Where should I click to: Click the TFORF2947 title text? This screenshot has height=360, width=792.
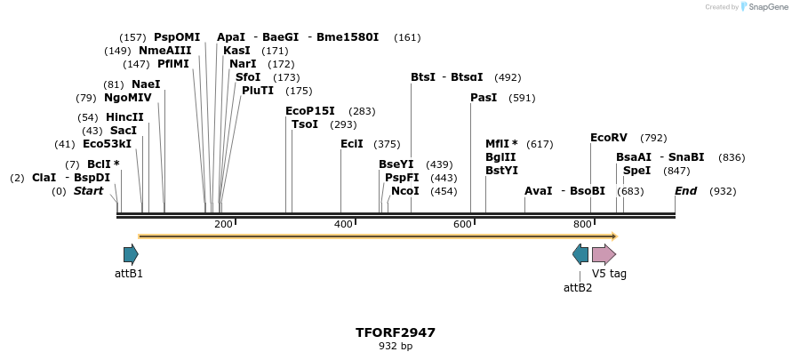(396, 332)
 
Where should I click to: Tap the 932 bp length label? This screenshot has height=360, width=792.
(396, 346)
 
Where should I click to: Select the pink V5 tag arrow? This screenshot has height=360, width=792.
(604, 254)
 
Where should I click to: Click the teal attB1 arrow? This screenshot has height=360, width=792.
(131, 254)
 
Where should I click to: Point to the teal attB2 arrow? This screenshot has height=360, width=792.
(580, 254)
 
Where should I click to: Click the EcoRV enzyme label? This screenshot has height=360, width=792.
(609, 138)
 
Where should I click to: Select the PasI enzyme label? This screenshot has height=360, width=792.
(484, 98)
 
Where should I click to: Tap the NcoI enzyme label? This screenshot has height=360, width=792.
(405, 191)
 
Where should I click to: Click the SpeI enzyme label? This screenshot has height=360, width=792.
(636, 171)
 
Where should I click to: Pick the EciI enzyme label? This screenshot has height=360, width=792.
(352, 144)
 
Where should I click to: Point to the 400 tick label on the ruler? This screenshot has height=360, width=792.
(343, 225)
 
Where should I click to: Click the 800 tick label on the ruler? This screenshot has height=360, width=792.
(582, 225)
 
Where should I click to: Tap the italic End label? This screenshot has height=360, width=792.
(685, 191)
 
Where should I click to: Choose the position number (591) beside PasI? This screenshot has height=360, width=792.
(522, 98)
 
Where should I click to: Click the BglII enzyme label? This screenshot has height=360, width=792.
(501, 157)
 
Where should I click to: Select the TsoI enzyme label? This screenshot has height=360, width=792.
(305, 124)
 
